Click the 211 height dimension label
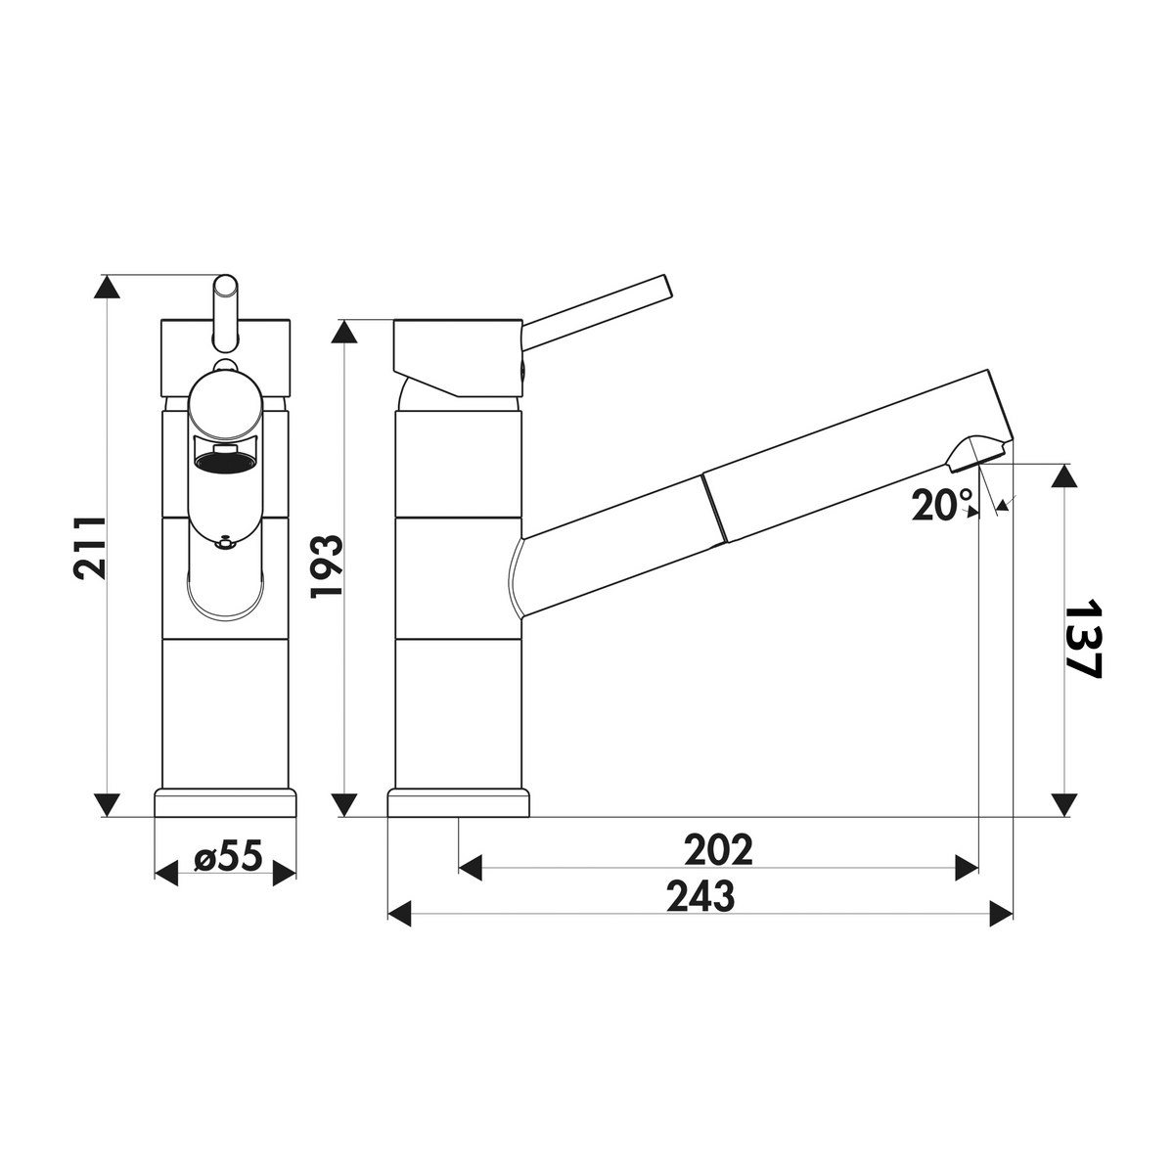pos(90,548)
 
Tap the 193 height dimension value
pos(327,566)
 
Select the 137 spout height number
pos(1084,647)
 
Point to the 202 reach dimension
pos(718,850)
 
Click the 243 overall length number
pos(700,896)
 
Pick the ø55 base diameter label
pos(228,855)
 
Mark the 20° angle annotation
pos(942,505)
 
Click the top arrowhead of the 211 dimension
pos(108,287)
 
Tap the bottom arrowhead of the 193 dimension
pos(345,804)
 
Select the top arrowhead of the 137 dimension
pos(1064,475)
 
